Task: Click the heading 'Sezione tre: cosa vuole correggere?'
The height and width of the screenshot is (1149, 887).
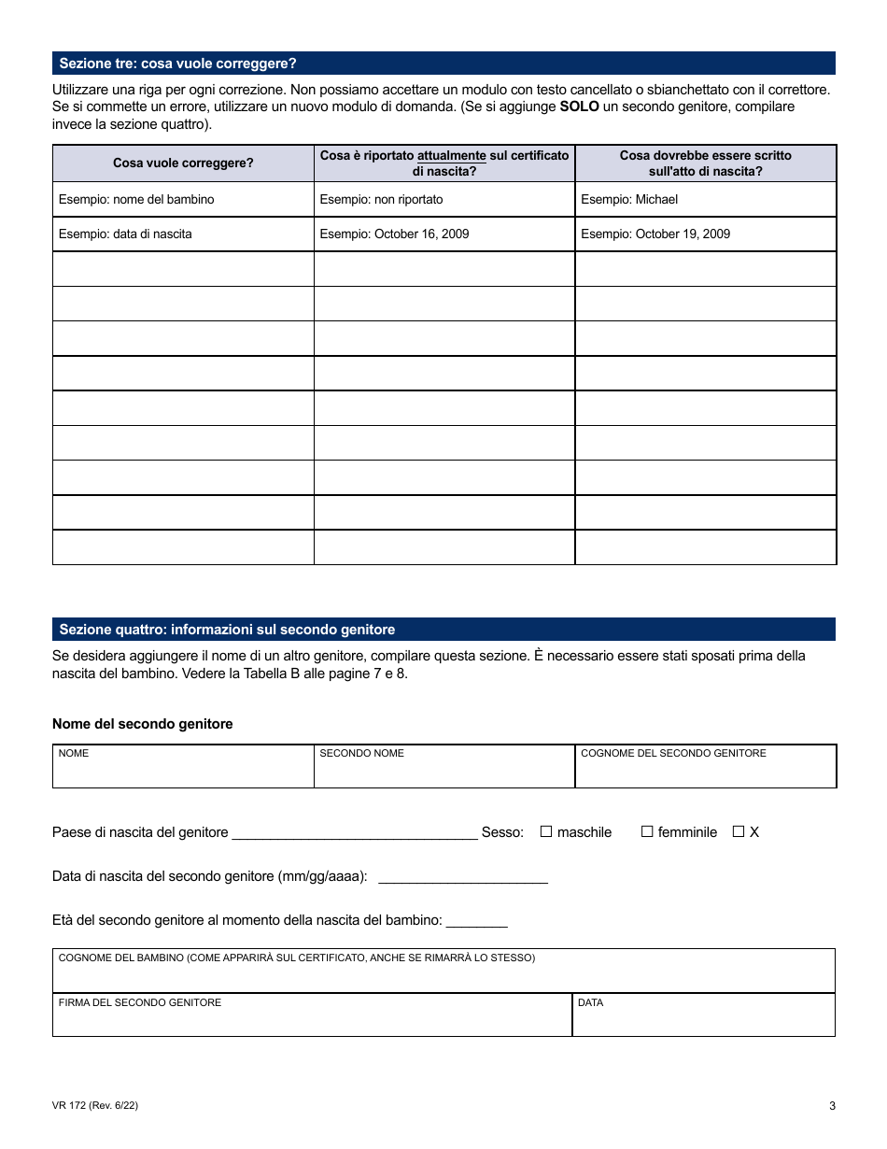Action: [177, 64]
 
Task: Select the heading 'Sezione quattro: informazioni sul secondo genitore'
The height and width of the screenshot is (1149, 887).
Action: [227, 630]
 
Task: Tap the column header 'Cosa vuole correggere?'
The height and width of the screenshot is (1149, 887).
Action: [183, 163]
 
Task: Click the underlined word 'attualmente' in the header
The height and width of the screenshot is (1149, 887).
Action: [451, 156]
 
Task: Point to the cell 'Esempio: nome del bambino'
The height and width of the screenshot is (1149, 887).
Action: [136, 200]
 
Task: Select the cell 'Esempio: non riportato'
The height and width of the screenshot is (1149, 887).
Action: [381, 200]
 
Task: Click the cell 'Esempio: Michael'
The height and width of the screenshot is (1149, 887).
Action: [629, 200]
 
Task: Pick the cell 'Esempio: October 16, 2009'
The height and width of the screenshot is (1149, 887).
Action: [394, 234]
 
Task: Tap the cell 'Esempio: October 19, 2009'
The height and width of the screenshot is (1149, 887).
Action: [655, 234]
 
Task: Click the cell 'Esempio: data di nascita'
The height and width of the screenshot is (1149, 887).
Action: [125, 234]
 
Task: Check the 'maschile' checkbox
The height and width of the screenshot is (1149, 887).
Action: [546, 831]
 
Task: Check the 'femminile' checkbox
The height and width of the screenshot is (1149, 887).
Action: [647, 831]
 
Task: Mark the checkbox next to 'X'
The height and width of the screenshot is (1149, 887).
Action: [739, 831]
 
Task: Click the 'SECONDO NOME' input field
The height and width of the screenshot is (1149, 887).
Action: [443, 772]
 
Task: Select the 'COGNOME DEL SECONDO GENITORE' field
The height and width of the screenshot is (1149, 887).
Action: [705, 772]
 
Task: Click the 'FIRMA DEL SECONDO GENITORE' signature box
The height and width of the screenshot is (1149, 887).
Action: [312, 1020]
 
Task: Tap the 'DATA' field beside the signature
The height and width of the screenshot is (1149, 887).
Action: [703, 1020]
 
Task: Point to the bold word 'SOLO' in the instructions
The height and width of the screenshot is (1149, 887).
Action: [579, 106]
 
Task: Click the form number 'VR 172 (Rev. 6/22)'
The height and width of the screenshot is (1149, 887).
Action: [96, 1106]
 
